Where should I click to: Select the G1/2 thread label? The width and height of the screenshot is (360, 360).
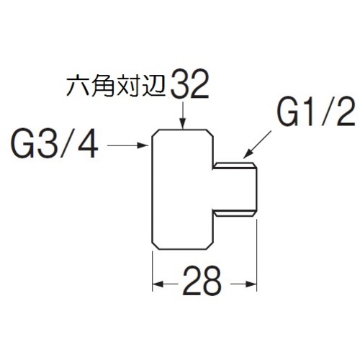(316, 112)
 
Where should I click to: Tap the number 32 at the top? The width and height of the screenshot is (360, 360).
(189, 85)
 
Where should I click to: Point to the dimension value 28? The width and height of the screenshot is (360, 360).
(202, 281)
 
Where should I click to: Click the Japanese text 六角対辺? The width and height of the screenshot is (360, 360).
(117, 87)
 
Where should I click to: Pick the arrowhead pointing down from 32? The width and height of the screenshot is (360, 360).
(183, 124)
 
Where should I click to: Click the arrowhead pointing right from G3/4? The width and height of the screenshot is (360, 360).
(142, 145)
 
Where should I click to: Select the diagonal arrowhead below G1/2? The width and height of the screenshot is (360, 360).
(247, 154)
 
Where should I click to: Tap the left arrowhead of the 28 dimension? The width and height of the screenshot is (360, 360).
(158, 284)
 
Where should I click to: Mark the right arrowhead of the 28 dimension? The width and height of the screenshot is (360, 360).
(251, 284)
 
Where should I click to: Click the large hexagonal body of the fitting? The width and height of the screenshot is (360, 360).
(182, 189)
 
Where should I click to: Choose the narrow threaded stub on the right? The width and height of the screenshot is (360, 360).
(235, 189)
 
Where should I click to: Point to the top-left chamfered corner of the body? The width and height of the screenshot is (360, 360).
(156, 133)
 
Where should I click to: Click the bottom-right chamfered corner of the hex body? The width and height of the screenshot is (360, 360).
(210, 246)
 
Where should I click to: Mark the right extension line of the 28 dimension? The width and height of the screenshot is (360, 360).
(257, 255)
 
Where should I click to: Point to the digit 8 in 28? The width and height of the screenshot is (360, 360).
(211, 281)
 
